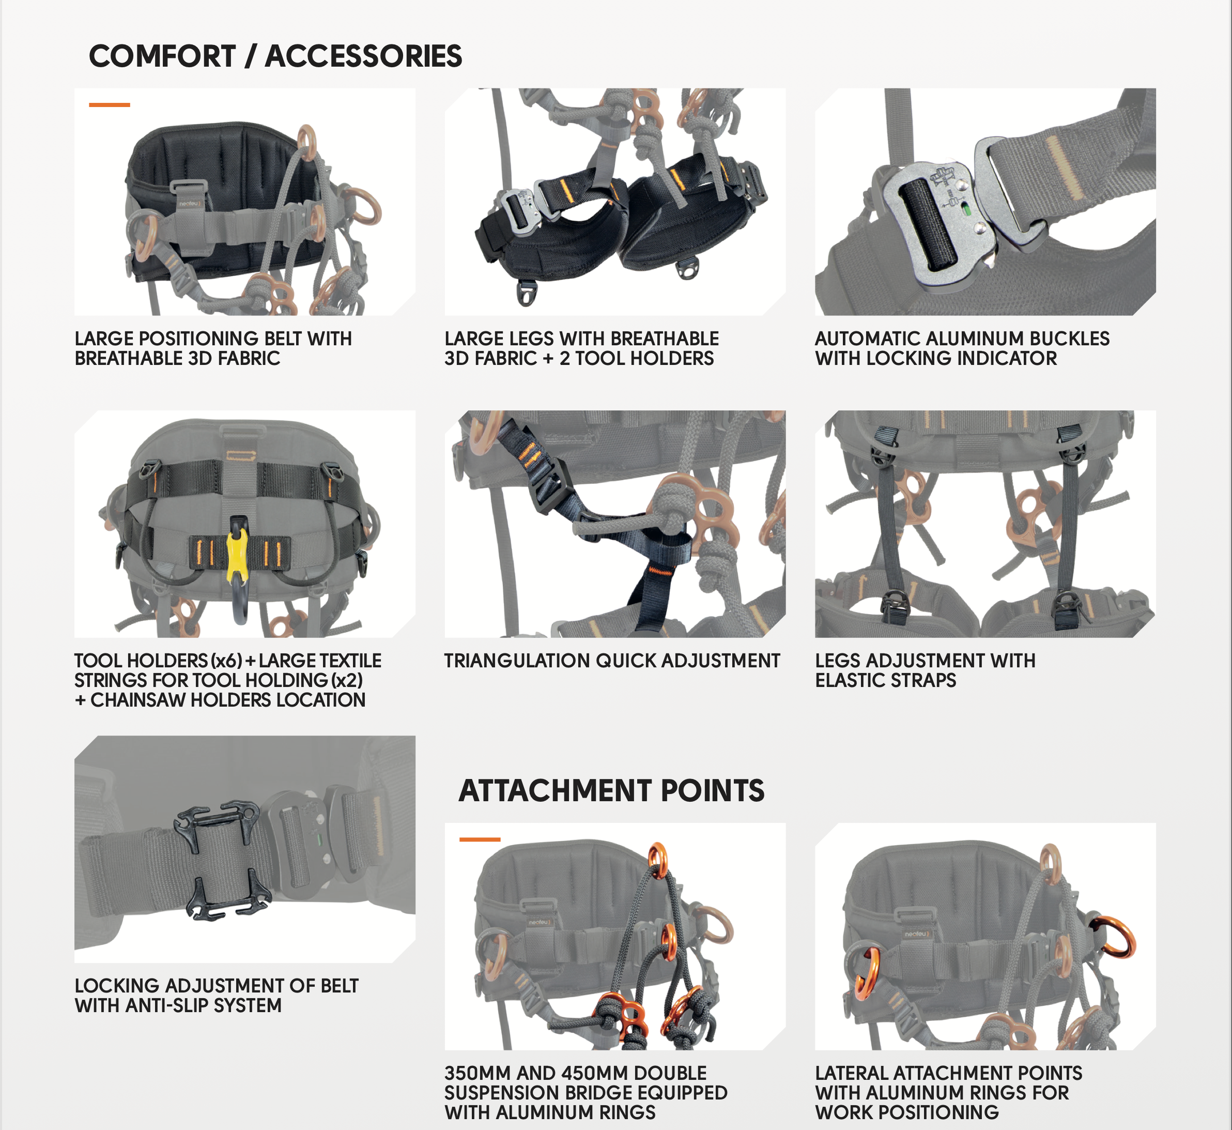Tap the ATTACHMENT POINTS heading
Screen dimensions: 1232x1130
611,790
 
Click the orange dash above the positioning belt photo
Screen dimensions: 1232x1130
110,105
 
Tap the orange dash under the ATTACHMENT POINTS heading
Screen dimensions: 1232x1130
480,839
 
